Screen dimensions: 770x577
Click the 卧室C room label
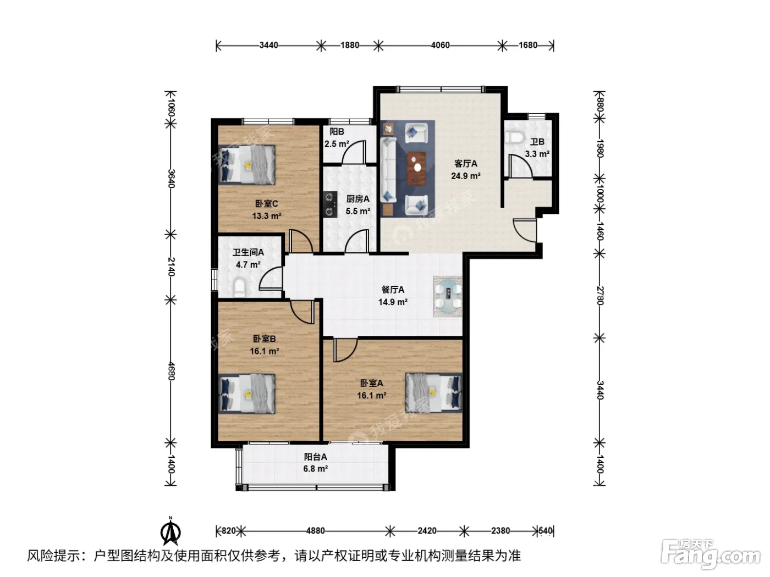tap(266, 203)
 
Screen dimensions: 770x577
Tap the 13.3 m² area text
tap(267, 216)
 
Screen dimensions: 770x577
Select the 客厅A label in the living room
tap(465, 164)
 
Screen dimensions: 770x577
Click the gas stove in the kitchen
tap(329, 204)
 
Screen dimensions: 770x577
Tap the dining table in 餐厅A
tap(448, 296)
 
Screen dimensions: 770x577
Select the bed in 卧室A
tap(433, 392)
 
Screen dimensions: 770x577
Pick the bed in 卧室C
tap(246, 165)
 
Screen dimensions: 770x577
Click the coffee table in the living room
tap(417, 168)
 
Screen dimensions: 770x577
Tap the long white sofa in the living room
tap(388, 170)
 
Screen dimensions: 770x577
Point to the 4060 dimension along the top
tap(440, 46)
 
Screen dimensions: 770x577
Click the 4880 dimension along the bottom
tap(315, 531)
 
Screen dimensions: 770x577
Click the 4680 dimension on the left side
tap(171, 371)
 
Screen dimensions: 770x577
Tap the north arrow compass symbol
tap(170, 532)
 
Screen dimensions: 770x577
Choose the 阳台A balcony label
tap(315, 457)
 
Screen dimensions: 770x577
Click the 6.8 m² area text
tap(316, 469)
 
